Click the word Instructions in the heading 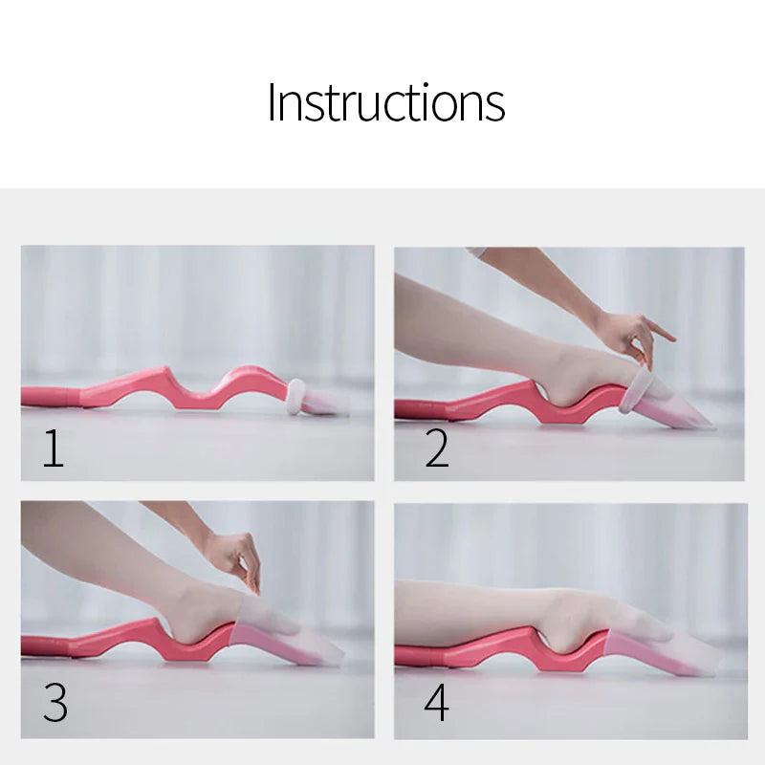pos(385,102)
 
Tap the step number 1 pos(54,448)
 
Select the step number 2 pos(436,448)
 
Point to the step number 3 pos(55,703)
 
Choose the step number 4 pos(436,703)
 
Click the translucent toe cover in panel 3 pos(287,636)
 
